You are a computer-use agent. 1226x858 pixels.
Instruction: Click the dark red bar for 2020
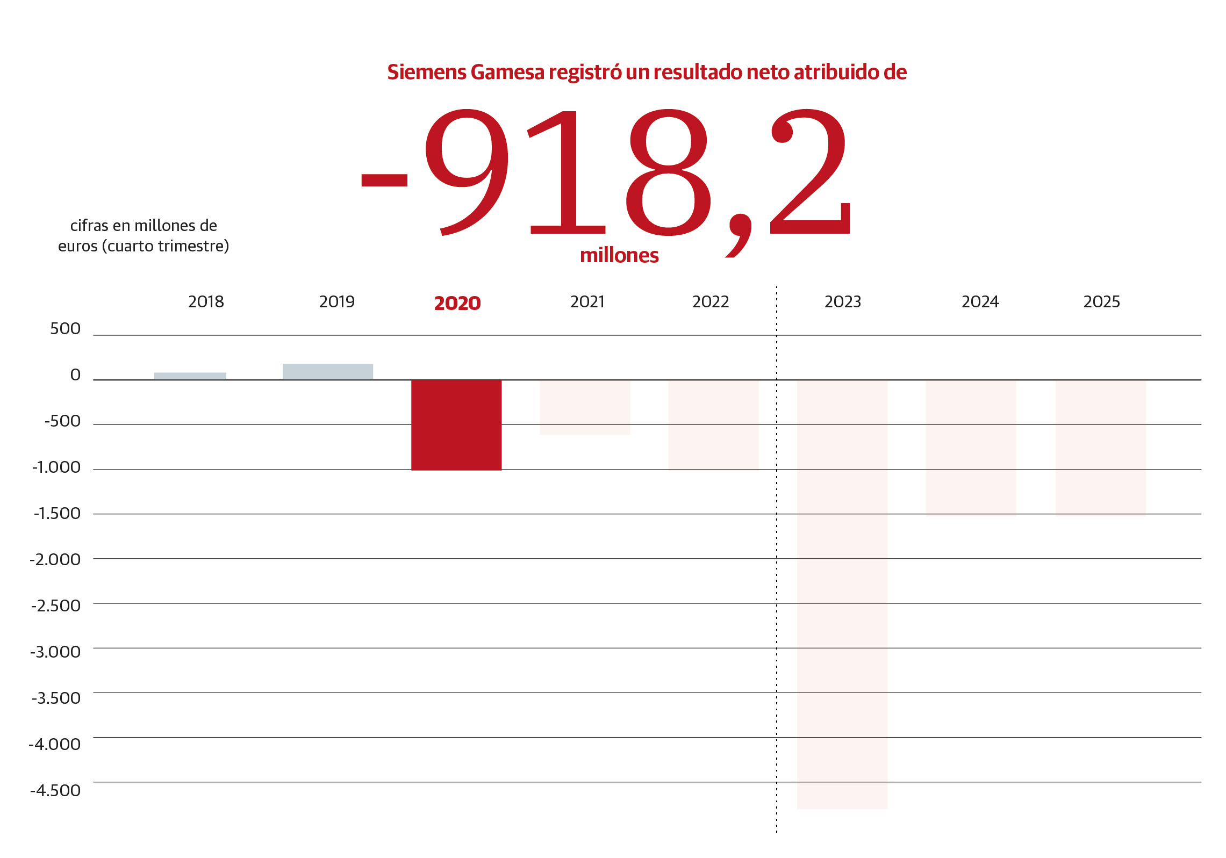(x=456, y=424)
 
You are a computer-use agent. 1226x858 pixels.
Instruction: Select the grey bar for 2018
(x=190, y=376)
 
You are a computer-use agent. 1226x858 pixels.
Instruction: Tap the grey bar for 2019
(x=327, y=371)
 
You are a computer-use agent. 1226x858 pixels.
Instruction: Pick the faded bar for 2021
(x=585, y=407)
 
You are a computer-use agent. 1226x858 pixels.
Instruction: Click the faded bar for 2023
(x=842, y=594)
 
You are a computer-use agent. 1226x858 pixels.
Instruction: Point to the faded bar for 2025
(x=1100, y=447)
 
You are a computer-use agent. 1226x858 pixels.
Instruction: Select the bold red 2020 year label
(x=457, y=303)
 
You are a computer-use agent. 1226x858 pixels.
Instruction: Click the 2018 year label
(x=206, y=302)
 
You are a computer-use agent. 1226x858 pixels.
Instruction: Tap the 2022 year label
(x=711, y=302)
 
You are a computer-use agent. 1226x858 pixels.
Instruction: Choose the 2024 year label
(x=980, y=302)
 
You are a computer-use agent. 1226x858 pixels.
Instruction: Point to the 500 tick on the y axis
(x=65, y=329)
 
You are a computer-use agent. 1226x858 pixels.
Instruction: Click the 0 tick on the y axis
(x=75, y=375)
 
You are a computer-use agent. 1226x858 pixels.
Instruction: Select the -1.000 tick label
(x=56, y=467)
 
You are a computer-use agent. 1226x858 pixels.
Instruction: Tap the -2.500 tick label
(x=56, y=606)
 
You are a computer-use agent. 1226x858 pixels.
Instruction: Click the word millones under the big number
(x=619, y=256)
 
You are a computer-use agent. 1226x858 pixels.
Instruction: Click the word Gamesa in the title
(x=507, y=72)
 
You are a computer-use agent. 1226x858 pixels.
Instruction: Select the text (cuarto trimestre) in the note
(x=166, y=246)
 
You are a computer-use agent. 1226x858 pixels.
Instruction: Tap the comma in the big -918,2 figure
(x=740, y=235)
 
